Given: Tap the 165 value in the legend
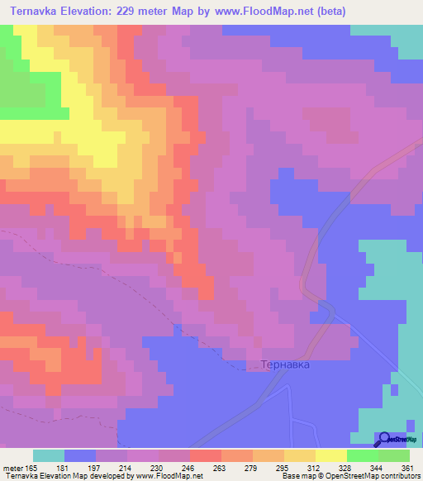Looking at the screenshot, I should (x=31, y=469).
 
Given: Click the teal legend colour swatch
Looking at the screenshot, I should (x=48, y=455).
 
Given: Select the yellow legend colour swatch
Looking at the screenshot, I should (x=330, y=455).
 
